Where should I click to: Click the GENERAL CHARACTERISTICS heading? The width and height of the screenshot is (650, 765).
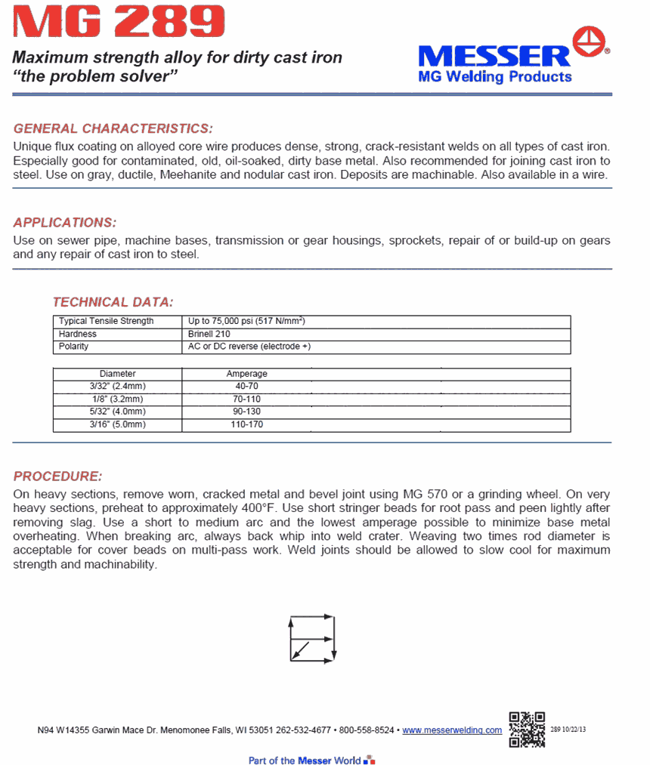point(113,128)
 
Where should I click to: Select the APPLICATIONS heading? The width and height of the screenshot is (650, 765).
point(65,223)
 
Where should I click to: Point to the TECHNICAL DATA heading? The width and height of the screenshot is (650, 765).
point(113,302)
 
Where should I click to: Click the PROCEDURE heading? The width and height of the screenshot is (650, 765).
point(57,477)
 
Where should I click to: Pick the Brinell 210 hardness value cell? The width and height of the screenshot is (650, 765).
point(209,334)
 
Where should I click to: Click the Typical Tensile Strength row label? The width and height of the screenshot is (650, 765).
point(107,321)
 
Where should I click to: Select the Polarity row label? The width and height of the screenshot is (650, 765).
point(74,347)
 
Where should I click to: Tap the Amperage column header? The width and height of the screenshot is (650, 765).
point(246,374)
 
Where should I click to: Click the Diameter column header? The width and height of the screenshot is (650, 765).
point(117,374)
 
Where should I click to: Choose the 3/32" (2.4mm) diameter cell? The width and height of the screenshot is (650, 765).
point(117,386)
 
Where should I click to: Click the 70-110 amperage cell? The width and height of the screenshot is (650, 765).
point(246,399)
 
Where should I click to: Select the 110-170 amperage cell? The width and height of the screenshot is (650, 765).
point(246,425)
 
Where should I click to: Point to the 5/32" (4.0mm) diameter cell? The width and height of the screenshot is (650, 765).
point(117,412)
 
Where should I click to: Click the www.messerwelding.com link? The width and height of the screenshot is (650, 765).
point(452,730)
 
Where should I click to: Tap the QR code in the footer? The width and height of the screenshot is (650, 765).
point(526,729)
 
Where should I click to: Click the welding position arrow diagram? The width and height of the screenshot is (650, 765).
point(312,640)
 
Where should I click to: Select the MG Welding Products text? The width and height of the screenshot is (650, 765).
point(495,76)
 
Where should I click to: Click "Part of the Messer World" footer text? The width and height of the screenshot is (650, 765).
point(305,760)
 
